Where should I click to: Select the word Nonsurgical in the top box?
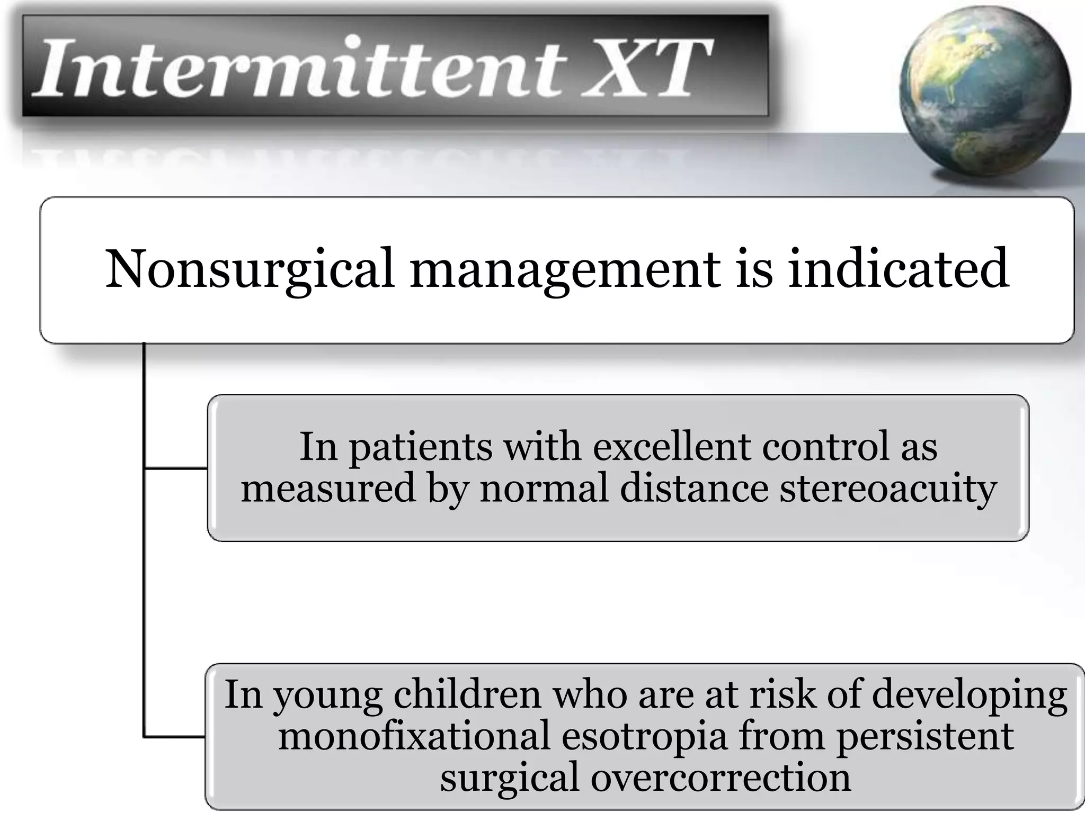point(249,269)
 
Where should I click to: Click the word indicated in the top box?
point(898,268)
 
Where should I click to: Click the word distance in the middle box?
point(693,487)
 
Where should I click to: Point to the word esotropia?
point(644,736)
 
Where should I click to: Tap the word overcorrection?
point(721,778)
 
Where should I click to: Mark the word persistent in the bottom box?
point(924,735)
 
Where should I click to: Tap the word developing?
point(969,695)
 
